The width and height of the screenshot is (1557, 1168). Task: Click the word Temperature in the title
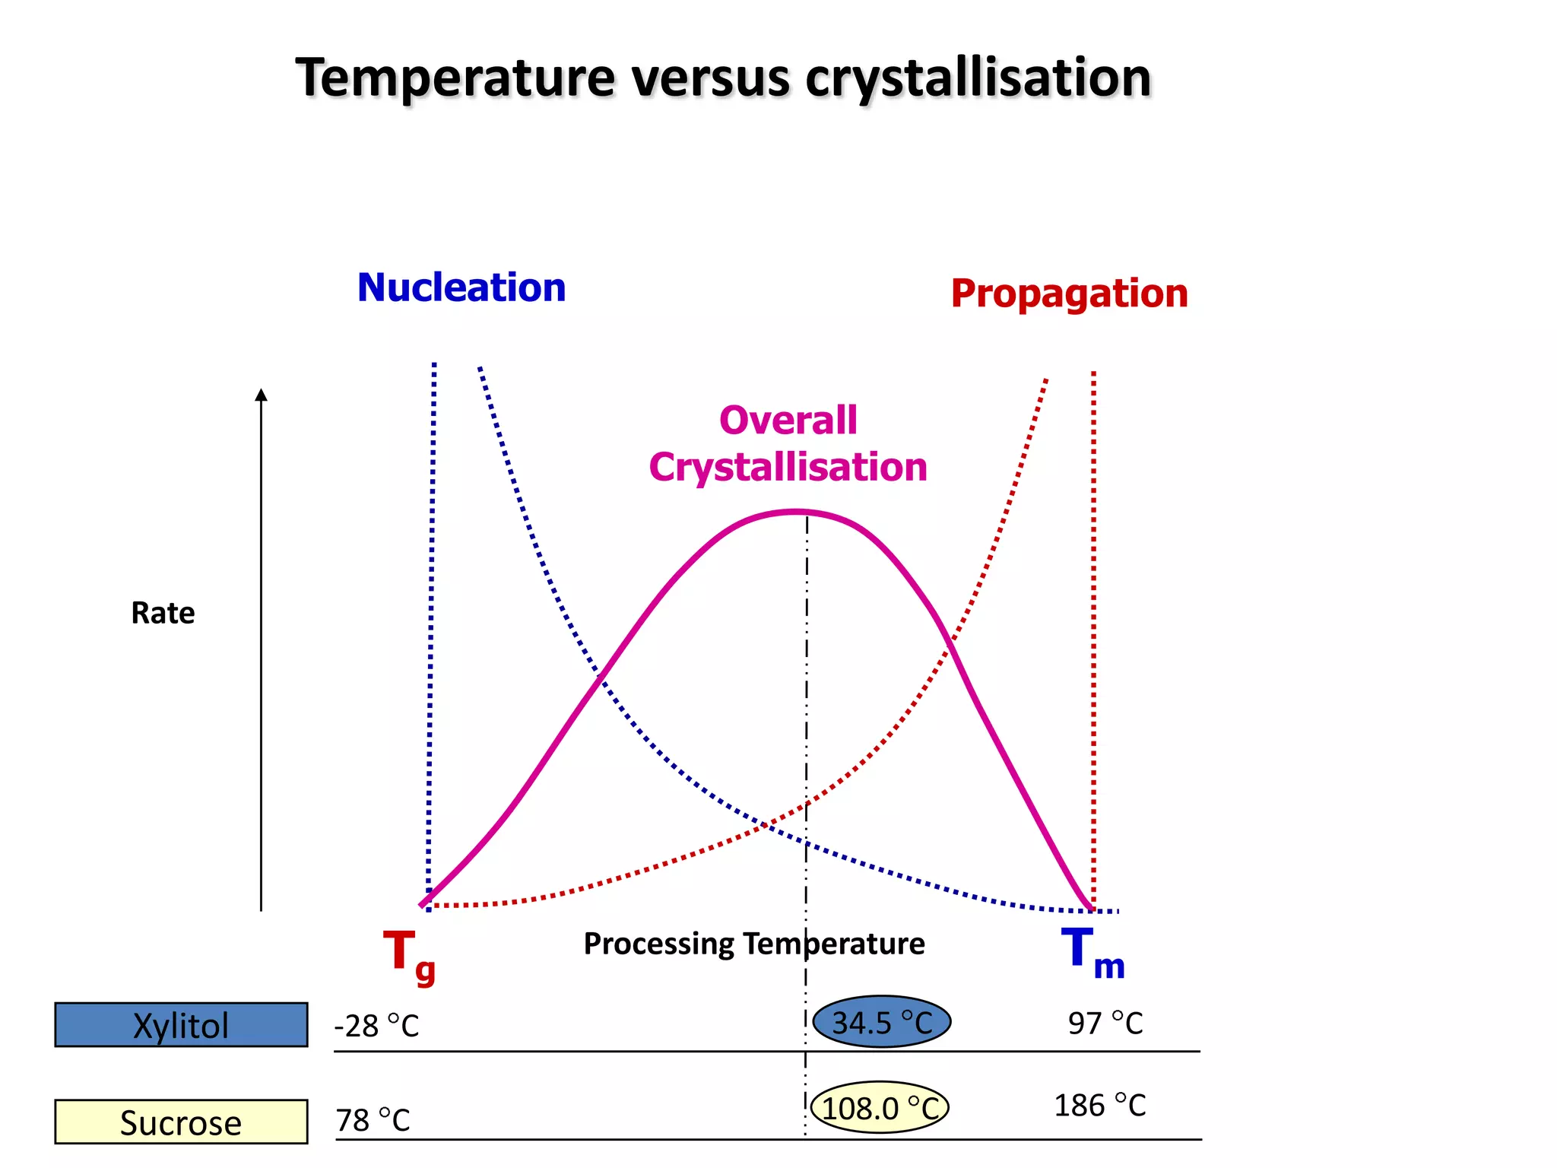pyautogui.click(x=455, y=78)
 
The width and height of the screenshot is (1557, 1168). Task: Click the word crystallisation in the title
pyautogui.click(x=978, y=78)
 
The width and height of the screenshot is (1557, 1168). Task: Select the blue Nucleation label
pyautogui.click(x=461, y=287)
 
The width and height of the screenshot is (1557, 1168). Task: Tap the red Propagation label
pyautogui.click(x=1069, y=294)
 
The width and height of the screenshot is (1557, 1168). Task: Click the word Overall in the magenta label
pyautogui.click(x=788, y=421)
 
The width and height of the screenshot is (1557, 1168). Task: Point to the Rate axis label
pyautogui.click(x=163, y=613)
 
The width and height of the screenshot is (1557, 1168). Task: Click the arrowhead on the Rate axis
pyautogui.click(x=261, y=395)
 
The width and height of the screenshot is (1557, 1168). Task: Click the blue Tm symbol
pyautogui.click(x=1091, y=952)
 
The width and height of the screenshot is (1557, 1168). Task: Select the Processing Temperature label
pyautogui.click(x=753, y=944)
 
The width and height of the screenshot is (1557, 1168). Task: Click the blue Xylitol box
pyautogui.click(x=181, y=1025)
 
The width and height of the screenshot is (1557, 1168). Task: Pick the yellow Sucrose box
pyautogui.click(x=181, y=1122)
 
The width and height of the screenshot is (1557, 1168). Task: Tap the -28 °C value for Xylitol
pyautogui.click(x=376, y=1026)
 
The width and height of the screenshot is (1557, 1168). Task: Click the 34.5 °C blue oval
pyautogui.click(x=881, y=1022)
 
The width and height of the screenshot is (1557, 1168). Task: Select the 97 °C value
pyautogui.click(x=1105, y=1023)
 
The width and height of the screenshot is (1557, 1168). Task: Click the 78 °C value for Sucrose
pyautogui.click(x=373, y=1120)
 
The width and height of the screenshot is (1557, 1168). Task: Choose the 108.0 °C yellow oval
pyautogui.click(x=880, y=1108)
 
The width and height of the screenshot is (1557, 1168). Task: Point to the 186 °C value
pyautogui.click(x=1099, y=1105)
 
